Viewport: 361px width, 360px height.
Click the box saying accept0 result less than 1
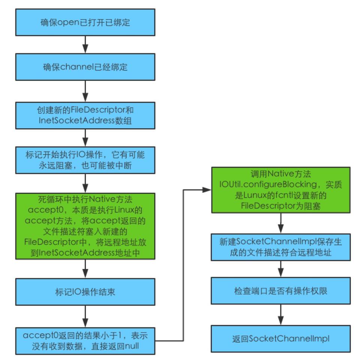click(x=85, y=340)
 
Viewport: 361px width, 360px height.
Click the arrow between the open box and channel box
click(x=85, y=44)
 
